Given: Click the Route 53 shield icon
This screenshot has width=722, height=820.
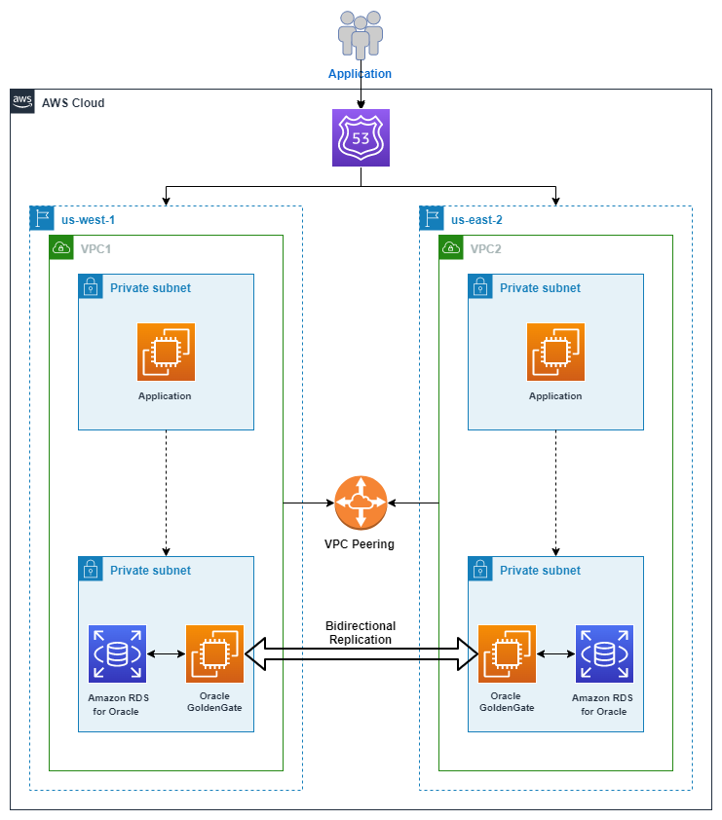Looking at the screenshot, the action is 361,137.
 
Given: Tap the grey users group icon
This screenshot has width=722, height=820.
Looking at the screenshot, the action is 360,34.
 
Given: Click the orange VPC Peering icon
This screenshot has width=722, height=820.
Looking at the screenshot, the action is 361,503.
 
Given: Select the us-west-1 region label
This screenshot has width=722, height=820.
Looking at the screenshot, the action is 88,220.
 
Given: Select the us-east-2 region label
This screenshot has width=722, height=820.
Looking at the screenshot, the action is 476,220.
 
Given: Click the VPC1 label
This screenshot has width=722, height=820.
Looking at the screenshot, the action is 95,249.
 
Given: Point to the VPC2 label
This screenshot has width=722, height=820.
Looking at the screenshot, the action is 485,249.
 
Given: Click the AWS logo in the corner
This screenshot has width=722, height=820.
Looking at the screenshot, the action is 22,101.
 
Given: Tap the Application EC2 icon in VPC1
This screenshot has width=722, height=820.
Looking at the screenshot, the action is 166,352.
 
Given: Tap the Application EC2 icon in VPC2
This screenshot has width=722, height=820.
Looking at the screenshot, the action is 555,352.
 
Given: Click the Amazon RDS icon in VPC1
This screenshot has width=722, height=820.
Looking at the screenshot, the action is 117,653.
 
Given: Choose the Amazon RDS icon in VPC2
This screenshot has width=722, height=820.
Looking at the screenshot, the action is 604,653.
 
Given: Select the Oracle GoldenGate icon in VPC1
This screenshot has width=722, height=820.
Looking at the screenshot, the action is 214,653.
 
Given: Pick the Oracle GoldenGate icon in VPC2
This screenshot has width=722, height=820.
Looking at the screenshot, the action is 507,653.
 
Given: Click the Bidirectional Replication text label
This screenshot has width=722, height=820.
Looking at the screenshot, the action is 361,633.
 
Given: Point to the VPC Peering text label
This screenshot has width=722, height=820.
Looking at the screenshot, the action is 360,543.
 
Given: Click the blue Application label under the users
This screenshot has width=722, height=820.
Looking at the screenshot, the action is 360,74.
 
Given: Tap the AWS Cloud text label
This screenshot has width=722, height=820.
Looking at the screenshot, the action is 73,103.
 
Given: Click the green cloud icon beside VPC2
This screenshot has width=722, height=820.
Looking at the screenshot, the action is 451,247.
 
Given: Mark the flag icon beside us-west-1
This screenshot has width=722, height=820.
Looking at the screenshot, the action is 42,218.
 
